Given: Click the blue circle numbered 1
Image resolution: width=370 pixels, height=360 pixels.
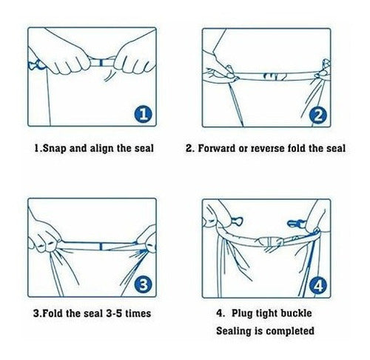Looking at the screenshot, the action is [144, 114].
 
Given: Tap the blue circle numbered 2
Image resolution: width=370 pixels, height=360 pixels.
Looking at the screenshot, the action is [318, 115].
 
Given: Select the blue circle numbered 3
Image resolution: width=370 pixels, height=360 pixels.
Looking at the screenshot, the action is [144, 284].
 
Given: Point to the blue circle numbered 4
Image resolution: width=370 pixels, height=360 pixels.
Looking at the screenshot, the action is [318, 286].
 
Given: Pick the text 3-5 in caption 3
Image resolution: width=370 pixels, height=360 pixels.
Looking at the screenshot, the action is [114, 313].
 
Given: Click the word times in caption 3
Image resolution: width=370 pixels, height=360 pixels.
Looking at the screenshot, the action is [138, 313].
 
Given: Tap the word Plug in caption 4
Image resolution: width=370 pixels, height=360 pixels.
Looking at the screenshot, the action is [242, 313].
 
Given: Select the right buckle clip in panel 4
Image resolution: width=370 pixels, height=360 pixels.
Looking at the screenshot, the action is [296, 224].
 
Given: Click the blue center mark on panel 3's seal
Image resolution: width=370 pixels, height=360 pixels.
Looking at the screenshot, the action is [101, 247].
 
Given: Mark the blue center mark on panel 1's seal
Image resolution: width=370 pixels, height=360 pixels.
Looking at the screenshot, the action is [101, 62].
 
